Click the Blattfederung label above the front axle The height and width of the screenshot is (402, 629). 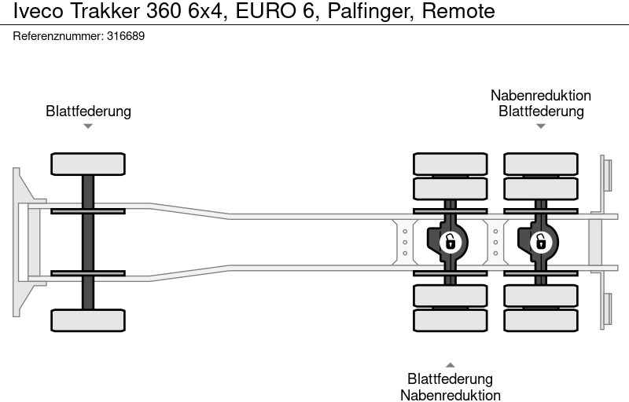[88, 111]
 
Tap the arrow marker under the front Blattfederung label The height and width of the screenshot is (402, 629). [88, 126]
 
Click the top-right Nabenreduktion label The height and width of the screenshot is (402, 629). [541, 95]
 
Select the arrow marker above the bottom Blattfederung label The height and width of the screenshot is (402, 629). [450, 364]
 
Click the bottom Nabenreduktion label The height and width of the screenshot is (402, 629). [450, 395]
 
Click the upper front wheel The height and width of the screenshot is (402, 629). [88, 164]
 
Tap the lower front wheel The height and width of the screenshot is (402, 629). [88, 320]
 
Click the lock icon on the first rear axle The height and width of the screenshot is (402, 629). [451, 242]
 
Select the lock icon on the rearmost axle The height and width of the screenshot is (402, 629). [541, 242]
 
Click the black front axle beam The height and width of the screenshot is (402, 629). [88, 242]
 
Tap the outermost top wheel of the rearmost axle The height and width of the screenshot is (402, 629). [541, 164]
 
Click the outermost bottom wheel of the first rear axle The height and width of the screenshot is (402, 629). [451, 320]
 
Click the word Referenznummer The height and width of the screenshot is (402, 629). [58, 36]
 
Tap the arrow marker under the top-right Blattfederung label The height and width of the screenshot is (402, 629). [541, 126]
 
